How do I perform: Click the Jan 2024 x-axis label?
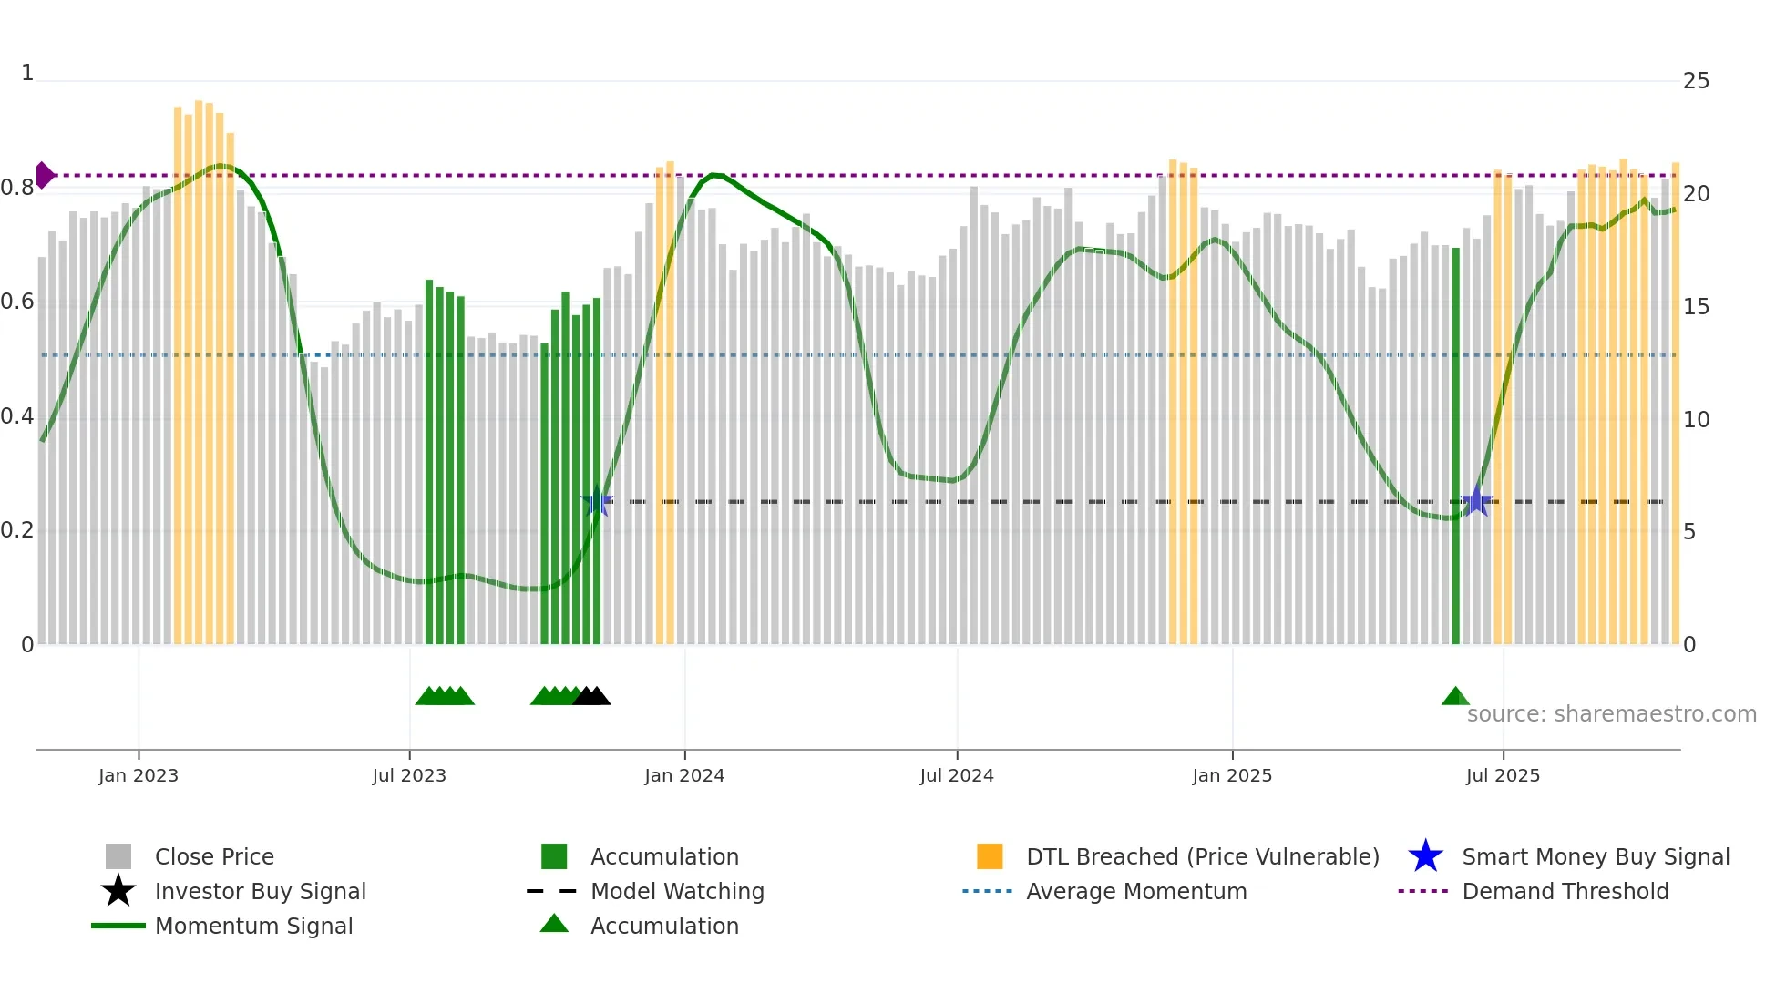[684, 775]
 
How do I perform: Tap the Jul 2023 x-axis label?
[409, 775]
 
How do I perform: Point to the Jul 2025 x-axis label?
[1503, 775]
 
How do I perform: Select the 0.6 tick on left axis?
[18, 302]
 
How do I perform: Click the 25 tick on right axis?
[1696, 81]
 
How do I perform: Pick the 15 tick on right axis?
[1696, 307]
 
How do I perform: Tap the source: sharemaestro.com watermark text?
[1611, 714]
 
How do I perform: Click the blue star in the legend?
[1425, 856]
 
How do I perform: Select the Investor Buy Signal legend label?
[260, 891]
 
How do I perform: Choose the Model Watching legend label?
[677, 891]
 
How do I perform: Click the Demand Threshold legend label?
[1565, 891]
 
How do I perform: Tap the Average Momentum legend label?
[1136, 891]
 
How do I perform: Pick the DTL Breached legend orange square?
[990, 856]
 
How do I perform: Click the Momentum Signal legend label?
[253, 926]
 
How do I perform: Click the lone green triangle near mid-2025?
[1455, 697]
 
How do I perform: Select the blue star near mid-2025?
[1476, 501]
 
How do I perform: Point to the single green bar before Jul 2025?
[1455, 446]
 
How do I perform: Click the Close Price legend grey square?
[118, 856]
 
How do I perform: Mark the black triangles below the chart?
[592, 697]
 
